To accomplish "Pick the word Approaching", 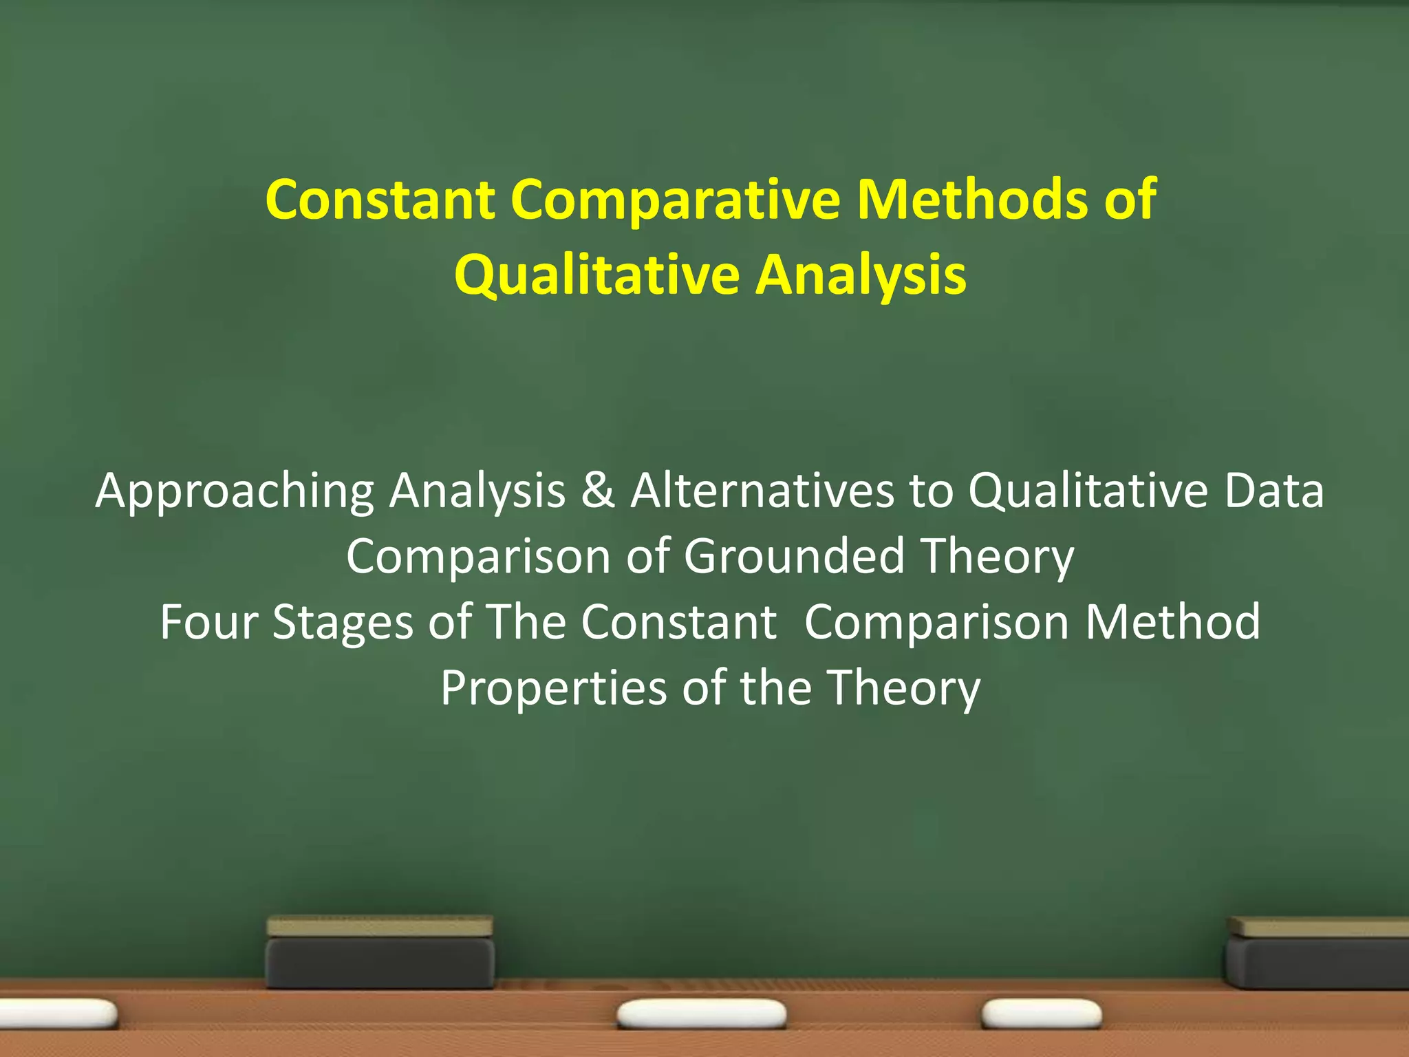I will pyautogui.click(x=235, y=492).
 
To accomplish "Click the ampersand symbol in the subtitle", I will pyautogui.click(x=597, y=491).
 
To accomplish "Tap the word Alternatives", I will pyautogui.click(x=762, y=491).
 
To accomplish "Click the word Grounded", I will pyautogui.click(x=794, y=556).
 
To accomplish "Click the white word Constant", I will pyautogui.click(x=678, y=621).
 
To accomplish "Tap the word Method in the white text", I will pyautogui.click(x=1172, y=621).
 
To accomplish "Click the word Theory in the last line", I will pyautogui.click(x=903, y=687).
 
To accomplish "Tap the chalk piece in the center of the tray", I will pyautogui.click(x=701, y=1013).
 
